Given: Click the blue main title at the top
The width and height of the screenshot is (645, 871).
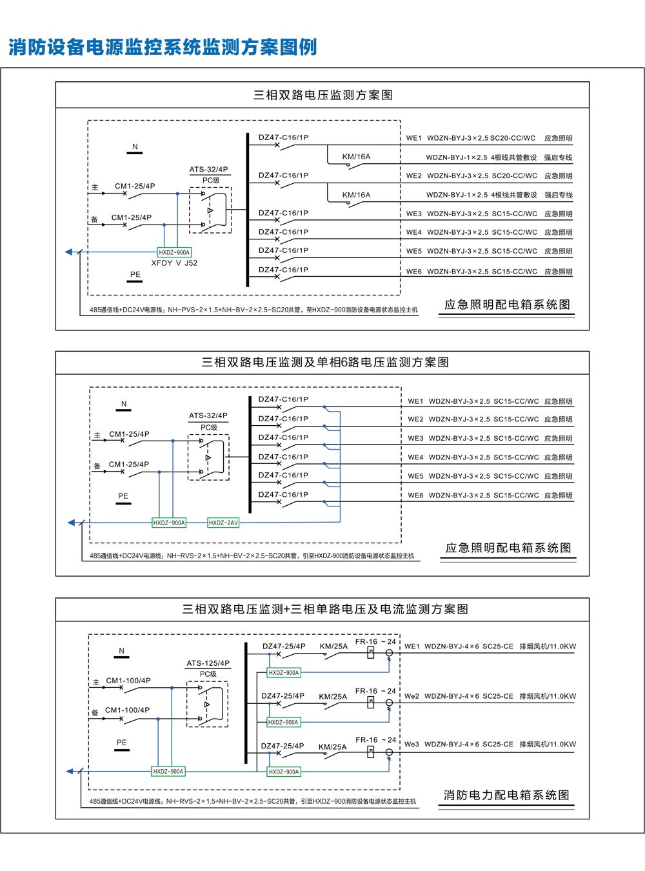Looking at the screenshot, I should coord(163,47).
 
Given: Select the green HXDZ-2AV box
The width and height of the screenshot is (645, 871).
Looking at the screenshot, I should coord(223,523).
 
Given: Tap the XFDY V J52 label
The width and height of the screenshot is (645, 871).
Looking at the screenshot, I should coord(174,263).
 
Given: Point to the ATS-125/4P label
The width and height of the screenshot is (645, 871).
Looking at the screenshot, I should coord(208,663).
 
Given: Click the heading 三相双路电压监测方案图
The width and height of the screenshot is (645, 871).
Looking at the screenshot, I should coord(322,95).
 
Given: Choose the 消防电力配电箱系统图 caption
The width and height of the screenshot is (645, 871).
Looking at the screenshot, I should coord(506,795).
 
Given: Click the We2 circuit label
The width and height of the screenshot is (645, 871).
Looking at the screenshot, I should coord(412,696).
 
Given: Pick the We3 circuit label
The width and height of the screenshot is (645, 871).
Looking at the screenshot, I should coord(412,744).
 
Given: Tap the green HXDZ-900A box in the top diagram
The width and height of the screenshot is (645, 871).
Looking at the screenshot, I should coord(174,252).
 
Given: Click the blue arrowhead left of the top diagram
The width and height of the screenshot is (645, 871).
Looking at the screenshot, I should coord(68,252).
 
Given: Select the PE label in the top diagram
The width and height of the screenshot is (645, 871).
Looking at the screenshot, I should coord(135,274).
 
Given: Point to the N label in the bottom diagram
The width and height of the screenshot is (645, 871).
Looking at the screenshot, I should coord(121,651).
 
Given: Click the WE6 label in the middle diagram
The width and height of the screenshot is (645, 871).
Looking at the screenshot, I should coord(415,496).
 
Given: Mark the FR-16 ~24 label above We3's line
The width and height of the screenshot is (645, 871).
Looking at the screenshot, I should coord(375,739).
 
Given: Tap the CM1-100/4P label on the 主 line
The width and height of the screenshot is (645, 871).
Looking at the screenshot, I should coord(128,680).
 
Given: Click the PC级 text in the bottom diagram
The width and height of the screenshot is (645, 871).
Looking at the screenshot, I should coord(208,674).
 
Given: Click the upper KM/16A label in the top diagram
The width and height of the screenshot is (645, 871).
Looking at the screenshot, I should coord(356,157).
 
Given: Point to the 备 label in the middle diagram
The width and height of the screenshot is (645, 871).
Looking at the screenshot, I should coord(97,466).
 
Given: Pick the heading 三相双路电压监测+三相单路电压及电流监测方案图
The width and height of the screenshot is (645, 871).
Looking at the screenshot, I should coord(325,609).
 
